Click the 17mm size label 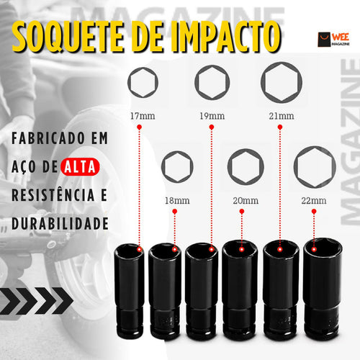143,116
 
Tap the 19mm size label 212,116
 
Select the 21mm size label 282,116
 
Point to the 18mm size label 177,201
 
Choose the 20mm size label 246,201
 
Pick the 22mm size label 314,201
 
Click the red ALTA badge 80,166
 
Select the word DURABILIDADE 60,224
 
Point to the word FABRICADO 48,138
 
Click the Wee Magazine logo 333,40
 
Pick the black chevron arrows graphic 36,301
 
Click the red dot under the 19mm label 212,127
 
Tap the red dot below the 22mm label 314,212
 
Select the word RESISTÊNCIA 53,194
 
